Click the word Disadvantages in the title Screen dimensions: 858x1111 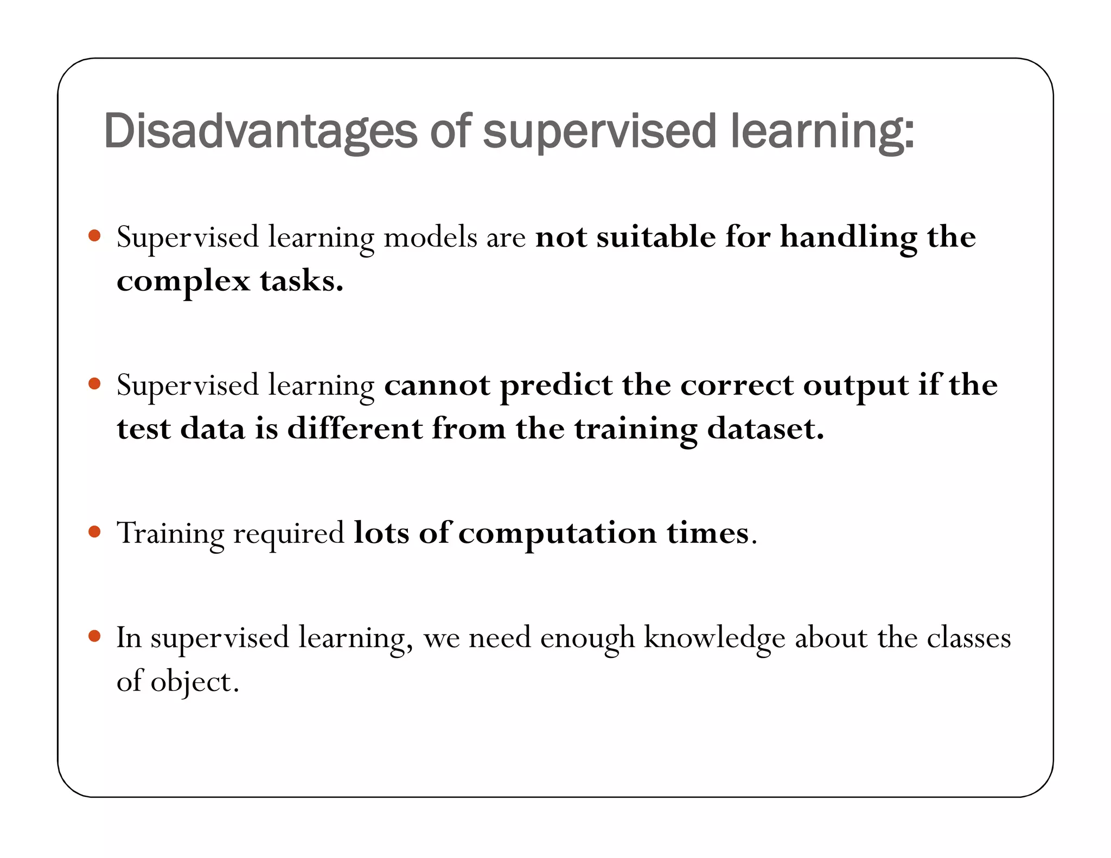[260, 131]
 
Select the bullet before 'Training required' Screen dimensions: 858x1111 [94, 532]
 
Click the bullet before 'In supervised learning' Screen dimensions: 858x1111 [94, 636]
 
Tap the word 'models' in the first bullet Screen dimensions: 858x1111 [430, 237]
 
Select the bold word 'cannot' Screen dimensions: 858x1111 [437, 385]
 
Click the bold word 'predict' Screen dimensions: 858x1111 [556, 386]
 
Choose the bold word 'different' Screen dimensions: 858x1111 [355, 428]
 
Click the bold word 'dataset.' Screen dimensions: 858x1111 [765, 428]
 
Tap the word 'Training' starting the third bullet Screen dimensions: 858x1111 [170, 533]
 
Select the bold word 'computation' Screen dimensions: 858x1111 [558, 533]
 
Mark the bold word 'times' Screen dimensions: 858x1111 [708, 532]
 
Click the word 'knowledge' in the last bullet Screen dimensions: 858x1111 [714, 638]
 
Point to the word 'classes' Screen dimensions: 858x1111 [968, 637]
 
